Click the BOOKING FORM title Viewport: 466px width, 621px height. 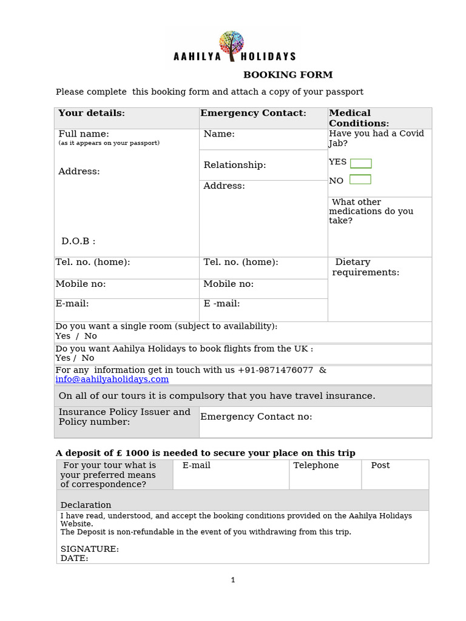(x=288, y=75)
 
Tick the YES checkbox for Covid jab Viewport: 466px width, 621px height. (x=360, y=163)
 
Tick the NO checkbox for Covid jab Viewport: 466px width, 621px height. (x=360, y=180)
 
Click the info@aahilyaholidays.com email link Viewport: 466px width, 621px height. (x=112, y=380)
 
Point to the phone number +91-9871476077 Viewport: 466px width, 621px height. (x=275, y=370)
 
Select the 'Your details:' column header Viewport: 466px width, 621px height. (x=92, y=113)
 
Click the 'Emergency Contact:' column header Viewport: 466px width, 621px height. (x=254, y=113)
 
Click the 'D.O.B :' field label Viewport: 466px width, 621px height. (x=78, y=241)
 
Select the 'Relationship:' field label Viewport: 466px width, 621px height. (x=235, y=165)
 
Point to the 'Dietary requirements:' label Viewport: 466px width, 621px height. (x=365, y=267)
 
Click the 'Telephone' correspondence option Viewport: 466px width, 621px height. (x=316, y=466)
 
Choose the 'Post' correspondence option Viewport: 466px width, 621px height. (x=380, y=466)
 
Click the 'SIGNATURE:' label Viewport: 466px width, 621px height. (x=90, y=549)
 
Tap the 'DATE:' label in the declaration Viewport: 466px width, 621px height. (x=74, y=559)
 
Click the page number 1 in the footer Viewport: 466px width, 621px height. (x=233, y=580)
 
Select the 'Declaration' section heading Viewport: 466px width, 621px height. (x=86, y=505)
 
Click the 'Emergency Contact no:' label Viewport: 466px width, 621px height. (x=256, y=417)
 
